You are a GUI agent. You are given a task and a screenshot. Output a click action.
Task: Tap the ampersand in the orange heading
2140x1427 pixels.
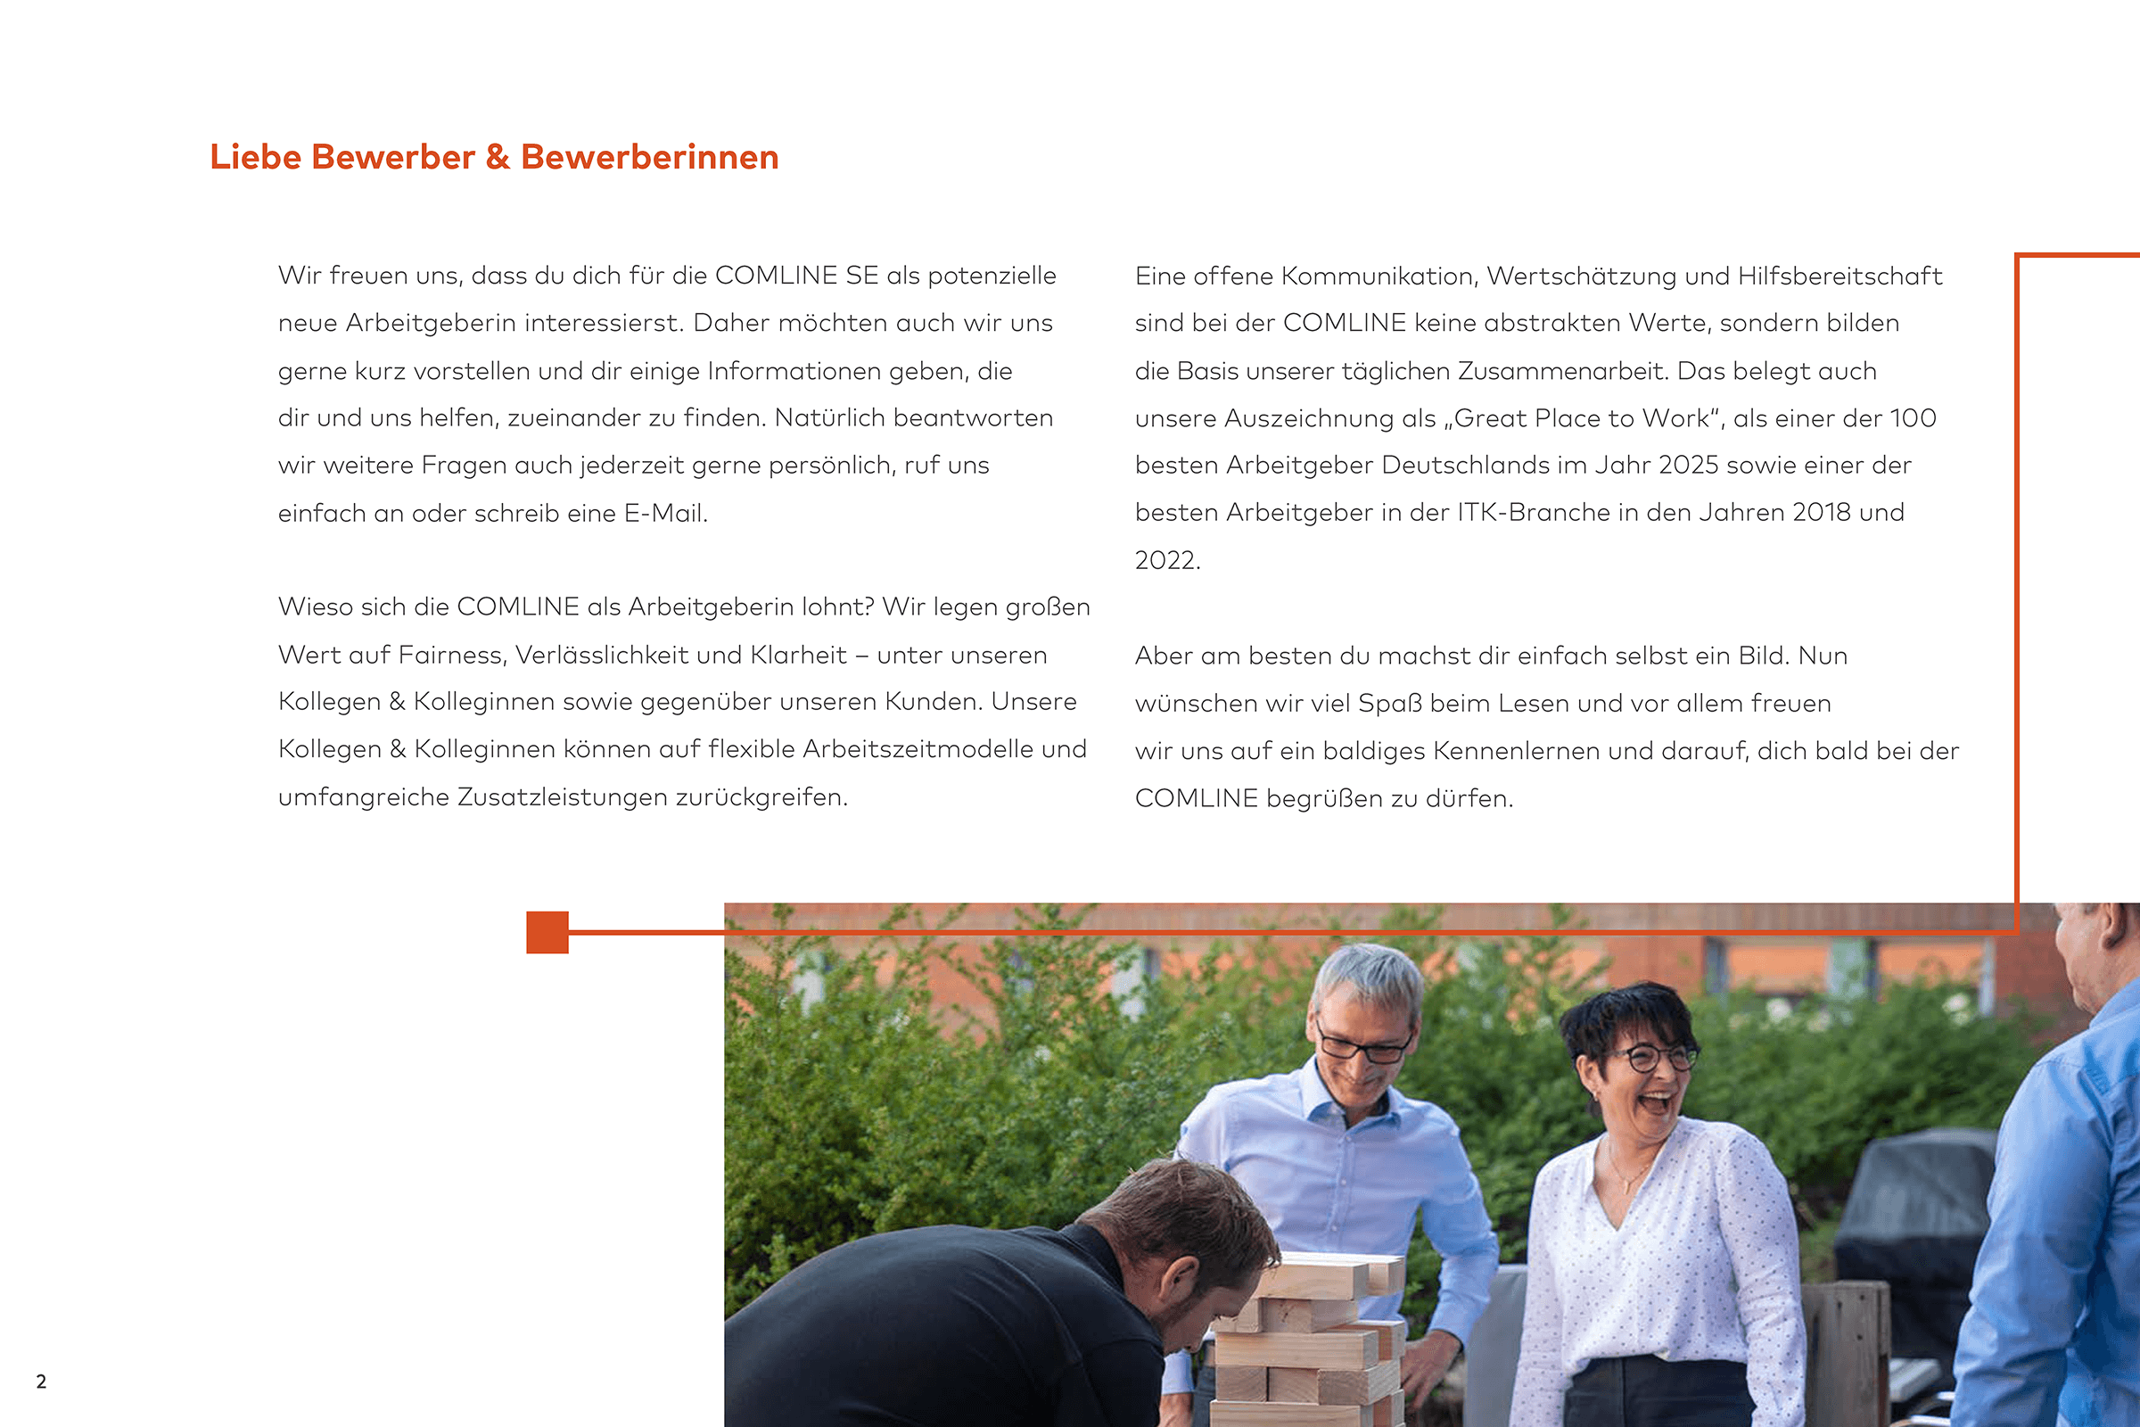[497, 157]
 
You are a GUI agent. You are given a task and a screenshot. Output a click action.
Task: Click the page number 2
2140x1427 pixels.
[41, 1382]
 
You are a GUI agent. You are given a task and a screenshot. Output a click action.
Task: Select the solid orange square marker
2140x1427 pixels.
[547, 932]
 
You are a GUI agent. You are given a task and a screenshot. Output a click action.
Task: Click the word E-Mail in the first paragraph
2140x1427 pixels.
[664, 514]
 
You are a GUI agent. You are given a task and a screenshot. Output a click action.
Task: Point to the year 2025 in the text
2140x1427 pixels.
[1688, 465]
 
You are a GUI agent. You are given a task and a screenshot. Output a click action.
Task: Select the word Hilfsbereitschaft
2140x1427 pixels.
[1839, 276]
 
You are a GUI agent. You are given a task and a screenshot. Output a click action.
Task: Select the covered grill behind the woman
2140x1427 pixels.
[1915, 1210]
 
